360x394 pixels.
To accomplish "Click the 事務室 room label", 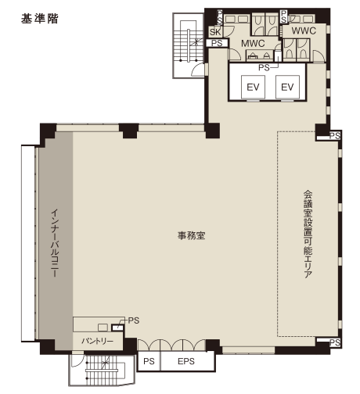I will pos(185,235).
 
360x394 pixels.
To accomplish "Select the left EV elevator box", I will pos(253,87).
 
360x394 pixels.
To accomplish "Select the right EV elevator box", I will pos(286,87).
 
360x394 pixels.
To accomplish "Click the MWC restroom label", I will pos(252,44).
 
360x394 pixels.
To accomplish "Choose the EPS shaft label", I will pos(185,361).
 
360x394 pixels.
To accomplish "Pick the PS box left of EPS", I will pos(149,361).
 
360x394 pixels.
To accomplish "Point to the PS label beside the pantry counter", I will pos(134,320).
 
